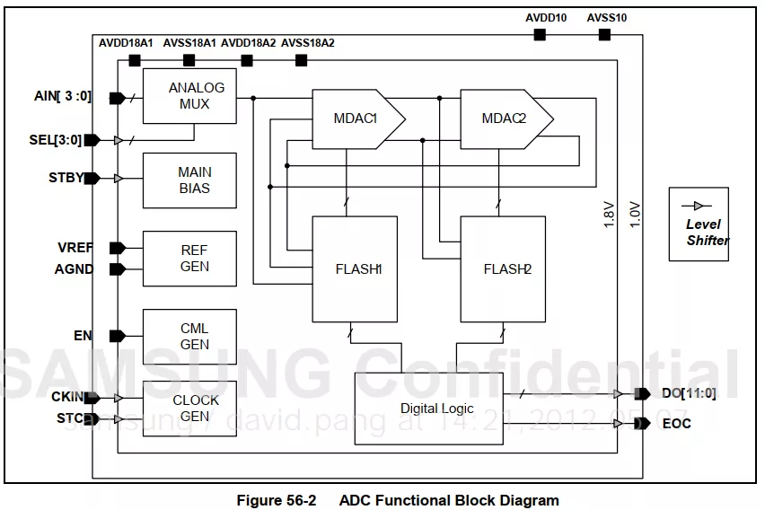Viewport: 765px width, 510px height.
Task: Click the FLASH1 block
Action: click(354, 268)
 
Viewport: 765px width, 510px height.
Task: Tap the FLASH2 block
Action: click(502, 268)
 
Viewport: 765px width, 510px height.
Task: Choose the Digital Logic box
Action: click(427, 409)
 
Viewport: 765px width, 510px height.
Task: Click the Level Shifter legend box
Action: click(698, 224)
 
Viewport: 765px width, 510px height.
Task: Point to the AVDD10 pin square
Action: click(540, 34)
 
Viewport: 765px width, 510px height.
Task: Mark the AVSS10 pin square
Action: click(604, 34)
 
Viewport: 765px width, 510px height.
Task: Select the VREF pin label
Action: click(75, 248)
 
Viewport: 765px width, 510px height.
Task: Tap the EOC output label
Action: click(676, 423)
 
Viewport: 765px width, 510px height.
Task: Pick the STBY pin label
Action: click(66, 178)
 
